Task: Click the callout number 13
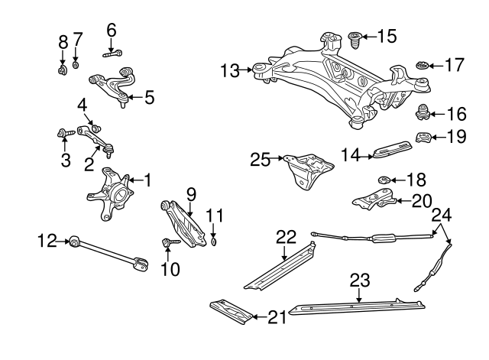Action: click(230, 71)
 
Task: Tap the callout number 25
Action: click(261, 160)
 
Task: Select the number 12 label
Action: click(47, 242)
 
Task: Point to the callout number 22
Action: click(285, 237)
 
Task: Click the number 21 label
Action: click(278, 316)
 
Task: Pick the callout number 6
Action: click(112, 31)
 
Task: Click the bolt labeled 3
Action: click(65, 135)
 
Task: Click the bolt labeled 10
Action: click(168, 244)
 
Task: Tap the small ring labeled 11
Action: click(215, 243)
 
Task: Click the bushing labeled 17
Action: click(420, 66)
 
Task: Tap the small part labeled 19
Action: click(421, 138)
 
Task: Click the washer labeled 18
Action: click(386, 180)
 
